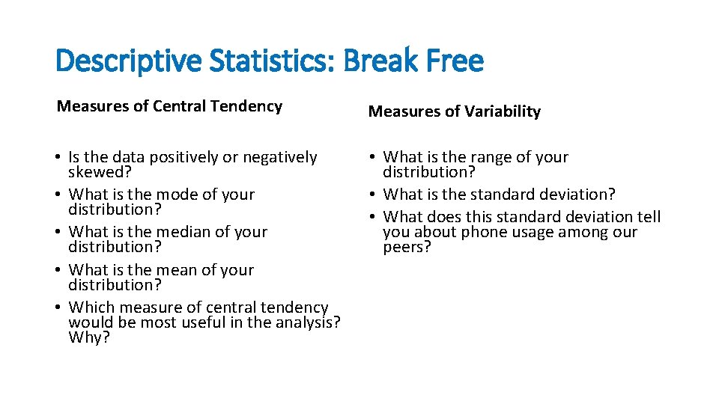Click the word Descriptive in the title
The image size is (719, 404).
[x=129, y=61]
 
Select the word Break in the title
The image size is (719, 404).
[x=376, y=61]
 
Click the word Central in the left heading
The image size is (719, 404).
[x=180, y=106]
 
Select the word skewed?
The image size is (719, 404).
[x=100, y=172]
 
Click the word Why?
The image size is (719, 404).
[x=89, y=337]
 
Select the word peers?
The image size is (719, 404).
[x=407, y=247]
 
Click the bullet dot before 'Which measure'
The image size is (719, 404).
[x=59, y=308]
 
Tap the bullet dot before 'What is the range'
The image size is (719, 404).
[x=374, y=158]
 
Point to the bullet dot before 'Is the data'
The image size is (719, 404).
[x=59, y=158]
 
